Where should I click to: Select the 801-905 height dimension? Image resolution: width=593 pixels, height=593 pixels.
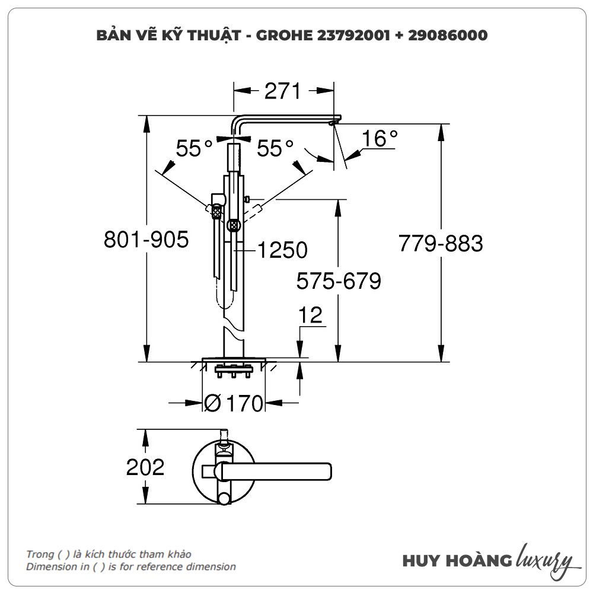tap(146, 241)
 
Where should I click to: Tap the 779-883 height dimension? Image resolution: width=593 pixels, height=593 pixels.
tap(441, 243)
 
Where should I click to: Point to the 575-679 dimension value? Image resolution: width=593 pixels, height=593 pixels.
tap(339, 280)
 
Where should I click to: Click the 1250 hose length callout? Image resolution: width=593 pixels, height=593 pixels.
tap(282, 250)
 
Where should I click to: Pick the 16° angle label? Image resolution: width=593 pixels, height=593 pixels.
tap(380, 139)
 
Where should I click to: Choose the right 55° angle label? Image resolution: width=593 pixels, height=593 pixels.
tap(275, 148)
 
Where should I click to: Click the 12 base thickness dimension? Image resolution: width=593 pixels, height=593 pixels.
tap(311, 315)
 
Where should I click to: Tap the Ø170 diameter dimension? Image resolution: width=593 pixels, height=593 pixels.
tap(233, 404)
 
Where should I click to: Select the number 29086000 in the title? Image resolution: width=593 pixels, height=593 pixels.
tap(448, 36)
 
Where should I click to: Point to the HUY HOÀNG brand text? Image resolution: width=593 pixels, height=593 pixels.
tap(457, 561)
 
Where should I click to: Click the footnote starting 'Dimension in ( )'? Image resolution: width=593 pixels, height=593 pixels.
tap(130, 566)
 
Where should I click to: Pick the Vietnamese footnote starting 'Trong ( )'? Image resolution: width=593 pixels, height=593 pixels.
tap(109, 554)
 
